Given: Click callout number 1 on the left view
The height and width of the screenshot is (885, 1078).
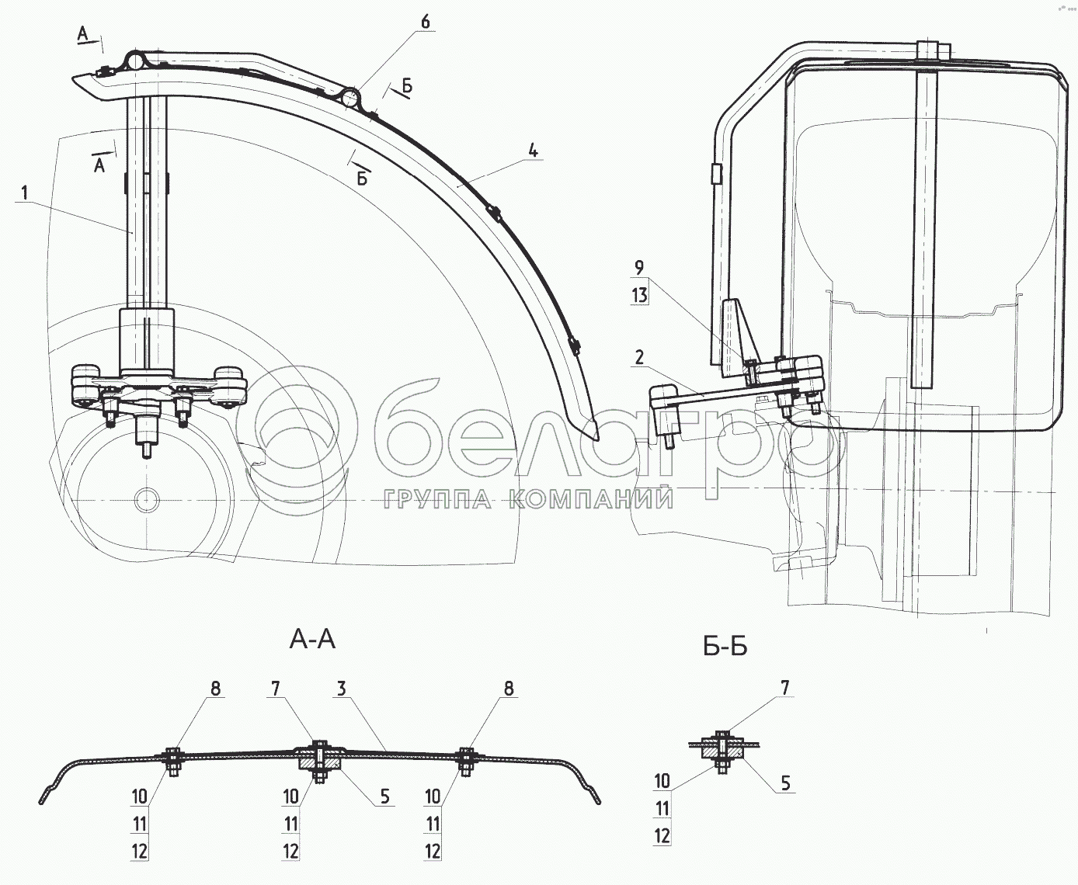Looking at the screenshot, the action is point(25,193).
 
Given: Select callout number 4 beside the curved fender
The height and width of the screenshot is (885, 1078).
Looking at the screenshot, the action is point(533,151).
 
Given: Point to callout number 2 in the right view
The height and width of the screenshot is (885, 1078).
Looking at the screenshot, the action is point(639,358).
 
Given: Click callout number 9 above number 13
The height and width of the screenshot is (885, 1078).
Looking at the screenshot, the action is point(639,267).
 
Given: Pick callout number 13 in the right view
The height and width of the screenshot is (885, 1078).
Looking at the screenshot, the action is point(639,295).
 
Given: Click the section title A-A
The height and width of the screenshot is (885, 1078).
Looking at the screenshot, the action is point(312,639).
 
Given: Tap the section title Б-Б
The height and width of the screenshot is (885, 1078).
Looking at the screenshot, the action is point(725,647).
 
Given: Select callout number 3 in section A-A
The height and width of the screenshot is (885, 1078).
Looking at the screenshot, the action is point(342,689).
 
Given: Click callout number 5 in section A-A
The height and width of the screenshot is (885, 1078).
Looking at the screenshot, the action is point(384,796).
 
